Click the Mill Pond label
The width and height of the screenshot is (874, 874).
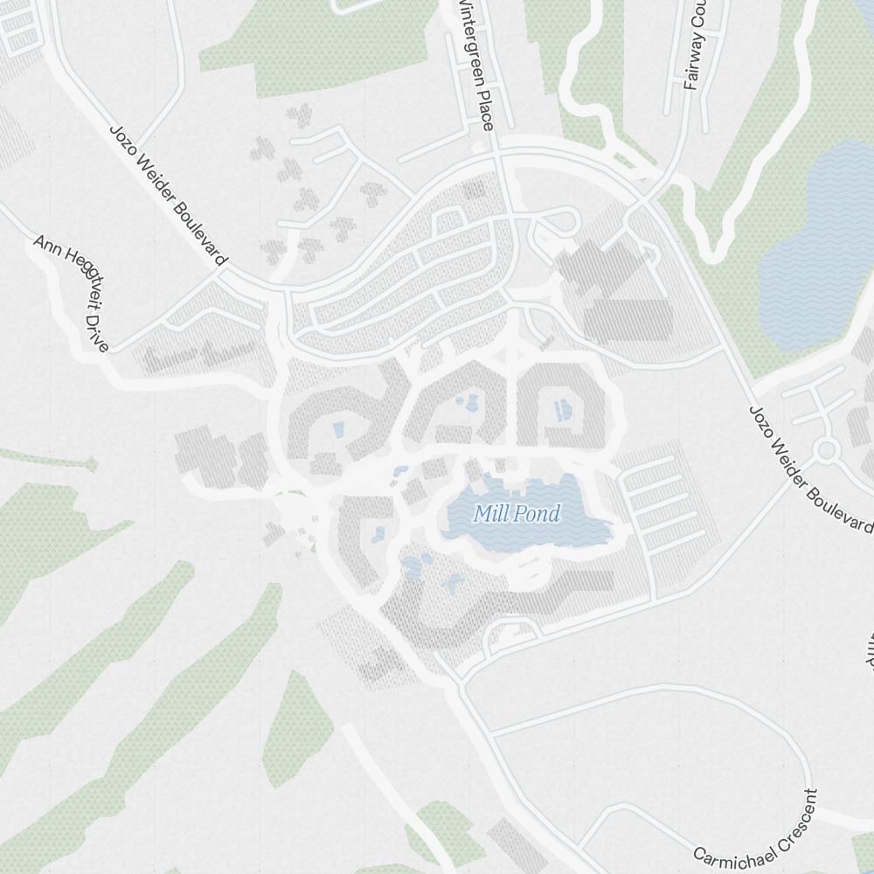[x=516, y=514]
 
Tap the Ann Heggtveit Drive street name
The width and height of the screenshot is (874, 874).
[x=72, y=293]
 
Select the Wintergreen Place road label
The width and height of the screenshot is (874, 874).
[x=475, y=63]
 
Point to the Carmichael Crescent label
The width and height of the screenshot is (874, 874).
[x=757, y=829]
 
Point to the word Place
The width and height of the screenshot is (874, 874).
[x=484, y=111]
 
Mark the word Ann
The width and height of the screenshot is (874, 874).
[x=44, y=245]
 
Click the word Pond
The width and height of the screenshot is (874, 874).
[x=537, y=514]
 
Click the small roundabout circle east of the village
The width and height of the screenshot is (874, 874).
[x=826, y=450]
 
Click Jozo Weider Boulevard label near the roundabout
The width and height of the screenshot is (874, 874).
[x=809, y=468]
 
